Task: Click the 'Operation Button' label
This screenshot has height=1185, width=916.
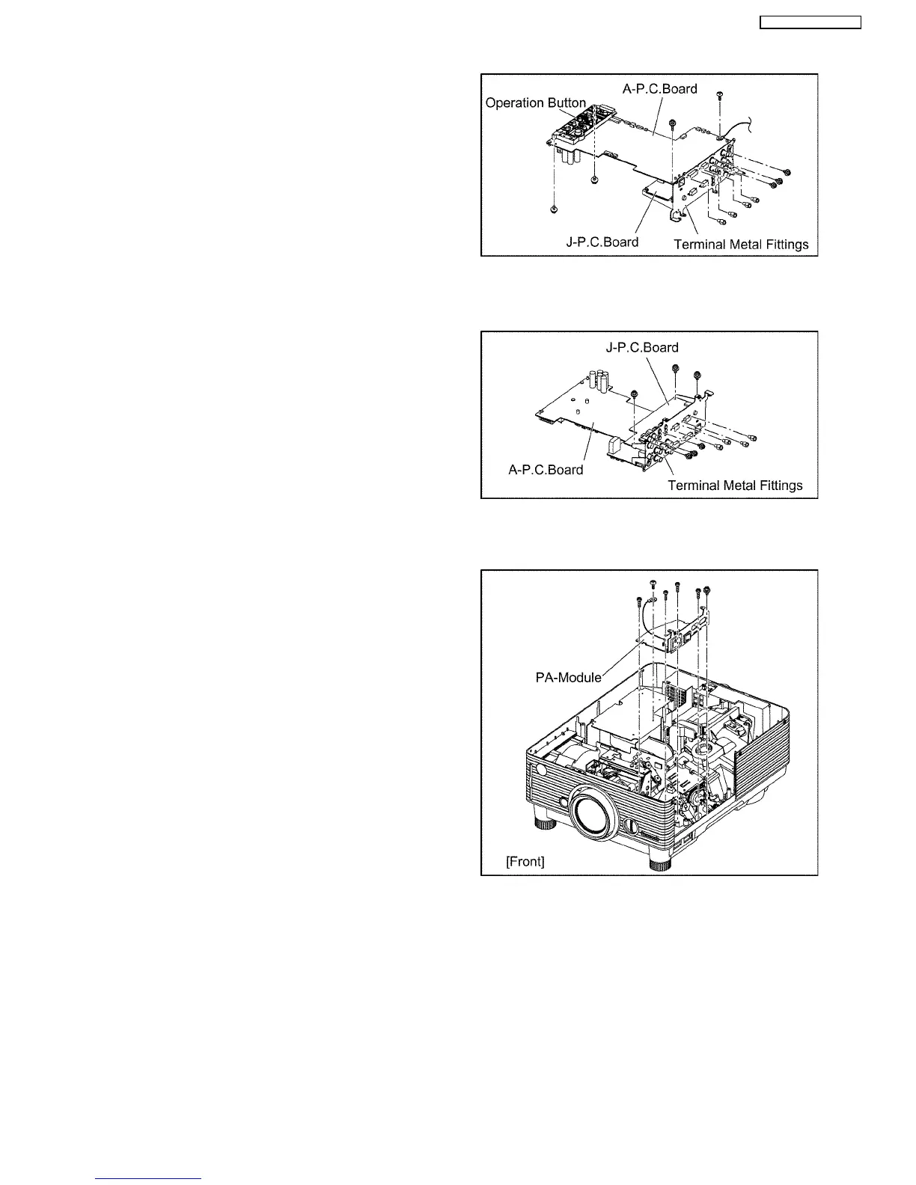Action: [535, 103]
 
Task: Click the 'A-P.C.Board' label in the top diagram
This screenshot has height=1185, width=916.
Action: [659, 89]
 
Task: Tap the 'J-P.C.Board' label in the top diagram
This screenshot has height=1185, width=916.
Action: [602, 242]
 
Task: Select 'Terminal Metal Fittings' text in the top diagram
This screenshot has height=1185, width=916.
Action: [741, 245]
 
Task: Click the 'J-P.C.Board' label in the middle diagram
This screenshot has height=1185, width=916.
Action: [642, 347]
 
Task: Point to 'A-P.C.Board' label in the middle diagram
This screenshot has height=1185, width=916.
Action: [546, 470]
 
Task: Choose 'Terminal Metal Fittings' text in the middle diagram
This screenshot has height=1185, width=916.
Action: [735, 486]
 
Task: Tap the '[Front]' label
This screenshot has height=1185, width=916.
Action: [525, 861]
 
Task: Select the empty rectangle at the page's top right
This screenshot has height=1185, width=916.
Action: [810, 22]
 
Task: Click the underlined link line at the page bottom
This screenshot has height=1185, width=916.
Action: [149, 1178]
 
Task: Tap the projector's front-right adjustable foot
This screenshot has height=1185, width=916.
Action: [659, 863]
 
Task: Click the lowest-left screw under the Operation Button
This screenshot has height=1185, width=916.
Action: [553, 209]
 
